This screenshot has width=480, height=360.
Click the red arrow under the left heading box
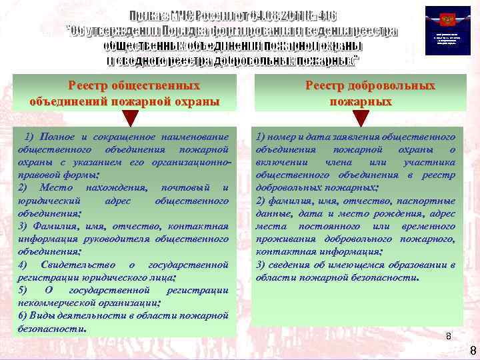coord(131,117)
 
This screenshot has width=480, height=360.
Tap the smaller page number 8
coord(448,337)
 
